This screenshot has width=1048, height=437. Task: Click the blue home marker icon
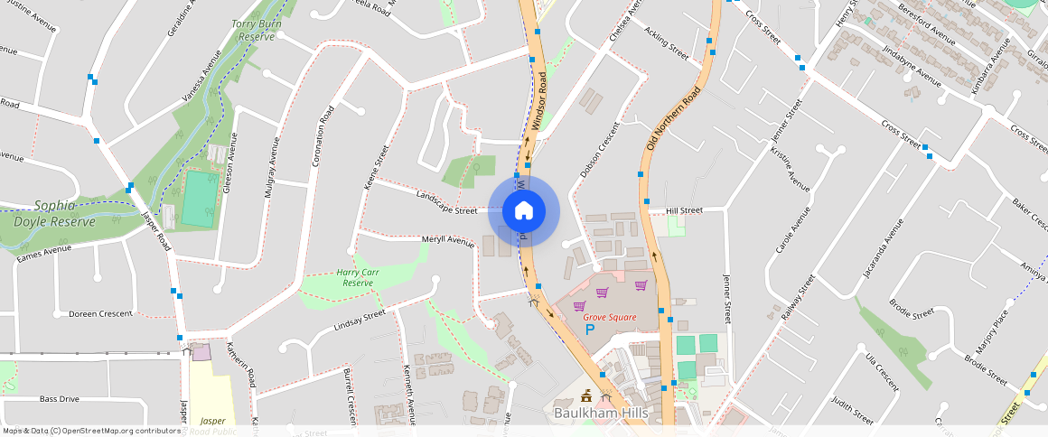point(523,211)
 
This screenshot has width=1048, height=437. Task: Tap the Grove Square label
point(609,317)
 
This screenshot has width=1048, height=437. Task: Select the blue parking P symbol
point(591,330)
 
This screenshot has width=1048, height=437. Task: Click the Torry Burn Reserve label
point(253,30)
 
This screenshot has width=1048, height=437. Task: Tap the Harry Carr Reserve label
point(355,277)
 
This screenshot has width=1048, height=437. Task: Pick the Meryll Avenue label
point(448,241)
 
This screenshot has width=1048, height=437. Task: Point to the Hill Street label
point(684,210)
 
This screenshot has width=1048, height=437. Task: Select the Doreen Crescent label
point(100,313)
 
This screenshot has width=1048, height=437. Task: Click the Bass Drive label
point(60,398)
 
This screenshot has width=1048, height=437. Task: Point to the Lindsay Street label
point(360,319)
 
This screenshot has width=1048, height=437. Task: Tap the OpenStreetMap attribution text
point(90,431)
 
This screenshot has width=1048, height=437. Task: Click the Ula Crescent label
point(882,371)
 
